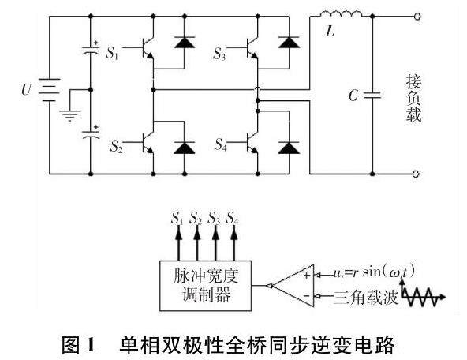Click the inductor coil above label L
(x=341, y=14)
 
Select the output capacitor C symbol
(x=372, y=95)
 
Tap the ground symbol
(x=70, y=115)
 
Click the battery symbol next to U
(x=50, y=90)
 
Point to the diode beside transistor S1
(x=185, y=43)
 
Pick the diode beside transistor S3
(x=289, y=43)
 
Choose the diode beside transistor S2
(x=185, y=148)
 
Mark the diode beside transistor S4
(x=289, y=148)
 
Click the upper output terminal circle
(x=417, y=17)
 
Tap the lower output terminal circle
(x=416, y=174)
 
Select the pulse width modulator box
(x=206, y=286)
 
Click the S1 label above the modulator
(x=177, y=218)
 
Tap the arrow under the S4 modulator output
(x=234, y=243)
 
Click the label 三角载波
(x=366, y=297)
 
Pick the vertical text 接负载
(x=413, y=99)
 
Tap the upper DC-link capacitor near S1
(x=91, y=48)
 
